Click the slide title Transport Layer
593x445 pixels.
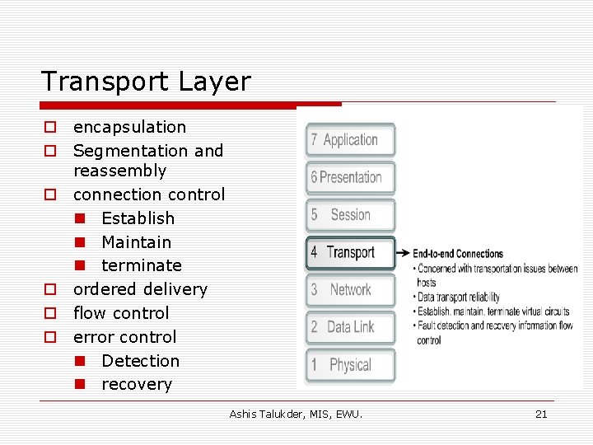pos(146,82)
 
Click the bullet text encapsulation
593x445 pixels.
pos(129,127)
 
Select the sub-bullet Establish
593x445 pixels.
pos(138,218)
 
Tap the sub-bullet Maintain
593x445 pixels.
pos(136,242)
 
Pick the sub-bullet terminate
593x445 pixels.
pos(141,265)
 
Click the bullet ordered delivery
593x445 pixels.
pos(140,289)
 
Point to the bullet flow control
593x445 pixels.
pos(121,313)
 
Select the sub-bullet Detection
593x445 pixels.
pos(140,361)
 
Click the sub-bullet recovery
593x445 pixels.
pos(137,384)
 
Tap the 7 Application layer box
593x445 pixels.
pos(350,140)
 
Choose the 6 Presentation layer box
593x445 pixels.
pos(350,177)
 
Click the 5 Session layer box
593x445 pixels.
pos(350,215)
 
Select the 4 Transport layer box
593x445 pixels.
pos(350,253)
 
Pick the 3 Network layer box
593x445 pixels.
pos(350,290)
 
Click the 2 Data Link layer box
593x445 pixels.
pos(350,327)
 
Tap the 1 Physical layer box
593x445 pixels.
pos(350,365)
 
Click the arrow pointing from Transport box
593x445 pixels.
pos(403,253)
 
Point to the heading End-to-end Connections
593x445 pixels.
pos(457,254)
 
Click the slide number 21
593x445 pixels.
pos(541,414)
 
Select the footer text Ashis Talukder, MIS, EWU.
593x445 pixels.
pos(296,414)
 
